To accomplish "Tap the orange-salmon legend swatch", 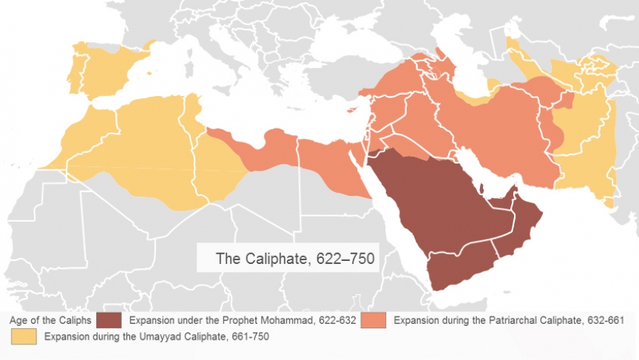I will click(x=374, y=321).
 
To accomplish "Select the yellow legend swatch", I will click(x=24, y=336).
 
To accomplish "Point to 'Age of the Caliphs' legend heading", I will click(x=50, y=321).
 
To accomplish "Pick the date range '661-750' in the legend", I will click(x=249, y=336).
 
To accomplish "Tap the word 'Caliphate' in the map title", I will click(x=274, y=259).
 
